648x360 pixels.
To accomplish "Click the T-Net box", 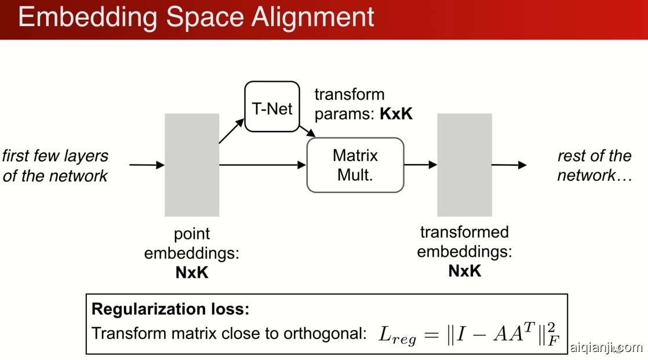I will tap(272, 107).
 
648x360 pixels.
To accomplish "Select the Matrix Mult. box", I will tap(355, 165).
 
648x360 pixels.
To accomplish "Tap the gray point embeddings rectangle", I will tap(192, 165).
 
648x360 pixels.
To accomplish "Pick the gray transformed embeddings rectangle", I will tap(464, 165).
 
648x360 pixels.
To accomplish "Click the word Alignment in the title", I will tap(313, 17).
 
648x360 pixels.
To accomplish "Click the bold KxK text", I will tap(396, 114).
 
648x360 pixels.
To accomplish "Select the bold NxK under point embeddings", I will tap(192, 272).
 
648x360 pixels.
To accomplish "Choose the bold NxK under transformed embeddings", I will tap(464, 271).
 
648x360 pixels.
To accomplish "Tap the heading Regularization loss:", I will tap(170, 309).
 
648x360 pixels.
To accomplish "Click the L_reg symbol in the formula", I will tap(398, 334).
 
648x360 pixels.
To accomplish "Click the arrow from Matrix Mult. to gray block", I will tap(420, 165).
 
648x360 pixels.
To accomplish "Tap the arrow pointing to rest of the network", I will tap(509, 165).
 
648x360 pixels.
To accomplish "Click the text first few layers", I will tap(56, 156).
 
